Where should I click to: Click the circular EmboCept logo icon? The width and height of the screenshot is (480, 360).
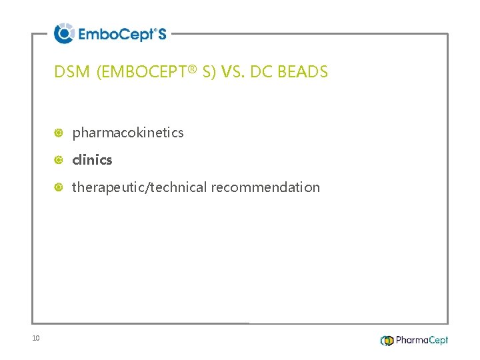[x=64, y=33]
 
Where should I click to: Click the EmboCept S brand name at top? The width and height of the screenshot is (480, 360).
[x=122, y=34]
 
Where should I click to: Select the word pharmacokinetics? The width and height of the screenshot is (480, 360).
[x=128, y=133]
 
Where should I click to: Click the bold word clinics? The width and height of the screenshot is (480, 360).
[x=92, y=160]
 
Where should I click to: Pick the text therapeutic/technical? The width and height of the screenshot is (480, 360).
[x=140, y=187]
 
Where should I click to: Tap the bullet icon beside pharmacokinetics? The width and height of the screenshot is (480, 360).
[x=59, y=133]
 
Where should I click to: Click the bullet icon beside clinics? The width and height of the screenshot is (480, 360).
[x=59, y=160]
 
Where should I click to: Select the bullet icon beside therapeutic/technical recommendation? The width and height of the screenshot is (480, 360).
[x=59, y=187]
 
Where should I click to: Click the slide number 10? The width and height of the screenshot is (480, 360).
[x=36, y=339]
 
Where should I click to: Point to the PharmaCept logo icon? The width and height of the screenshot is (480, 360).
[x=387, y=341]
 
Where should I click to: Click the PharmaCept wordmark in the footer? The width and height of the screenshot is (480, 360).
[x=422, y=341]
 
